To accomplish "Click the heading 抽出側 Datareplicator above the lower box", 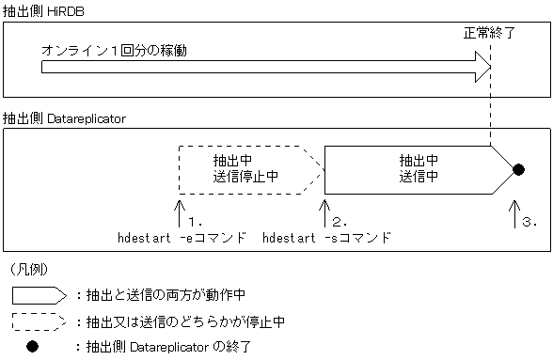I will (64, 119).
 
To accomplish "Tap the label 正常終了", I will (488, 33).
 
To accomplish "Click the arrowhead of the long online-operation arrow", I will (482, 66).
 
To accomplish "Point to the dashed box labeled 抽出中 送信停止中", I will (245, 169).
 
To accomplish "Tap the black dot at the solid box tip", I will (517, 169).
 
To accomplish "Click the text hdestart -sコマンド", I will (325, 238).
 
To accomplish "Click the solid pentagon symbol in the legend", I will (39, 295).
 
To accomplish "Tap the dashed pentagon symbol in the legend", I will (39, 322).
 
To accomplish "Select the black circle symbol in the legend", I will (33, 348).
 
